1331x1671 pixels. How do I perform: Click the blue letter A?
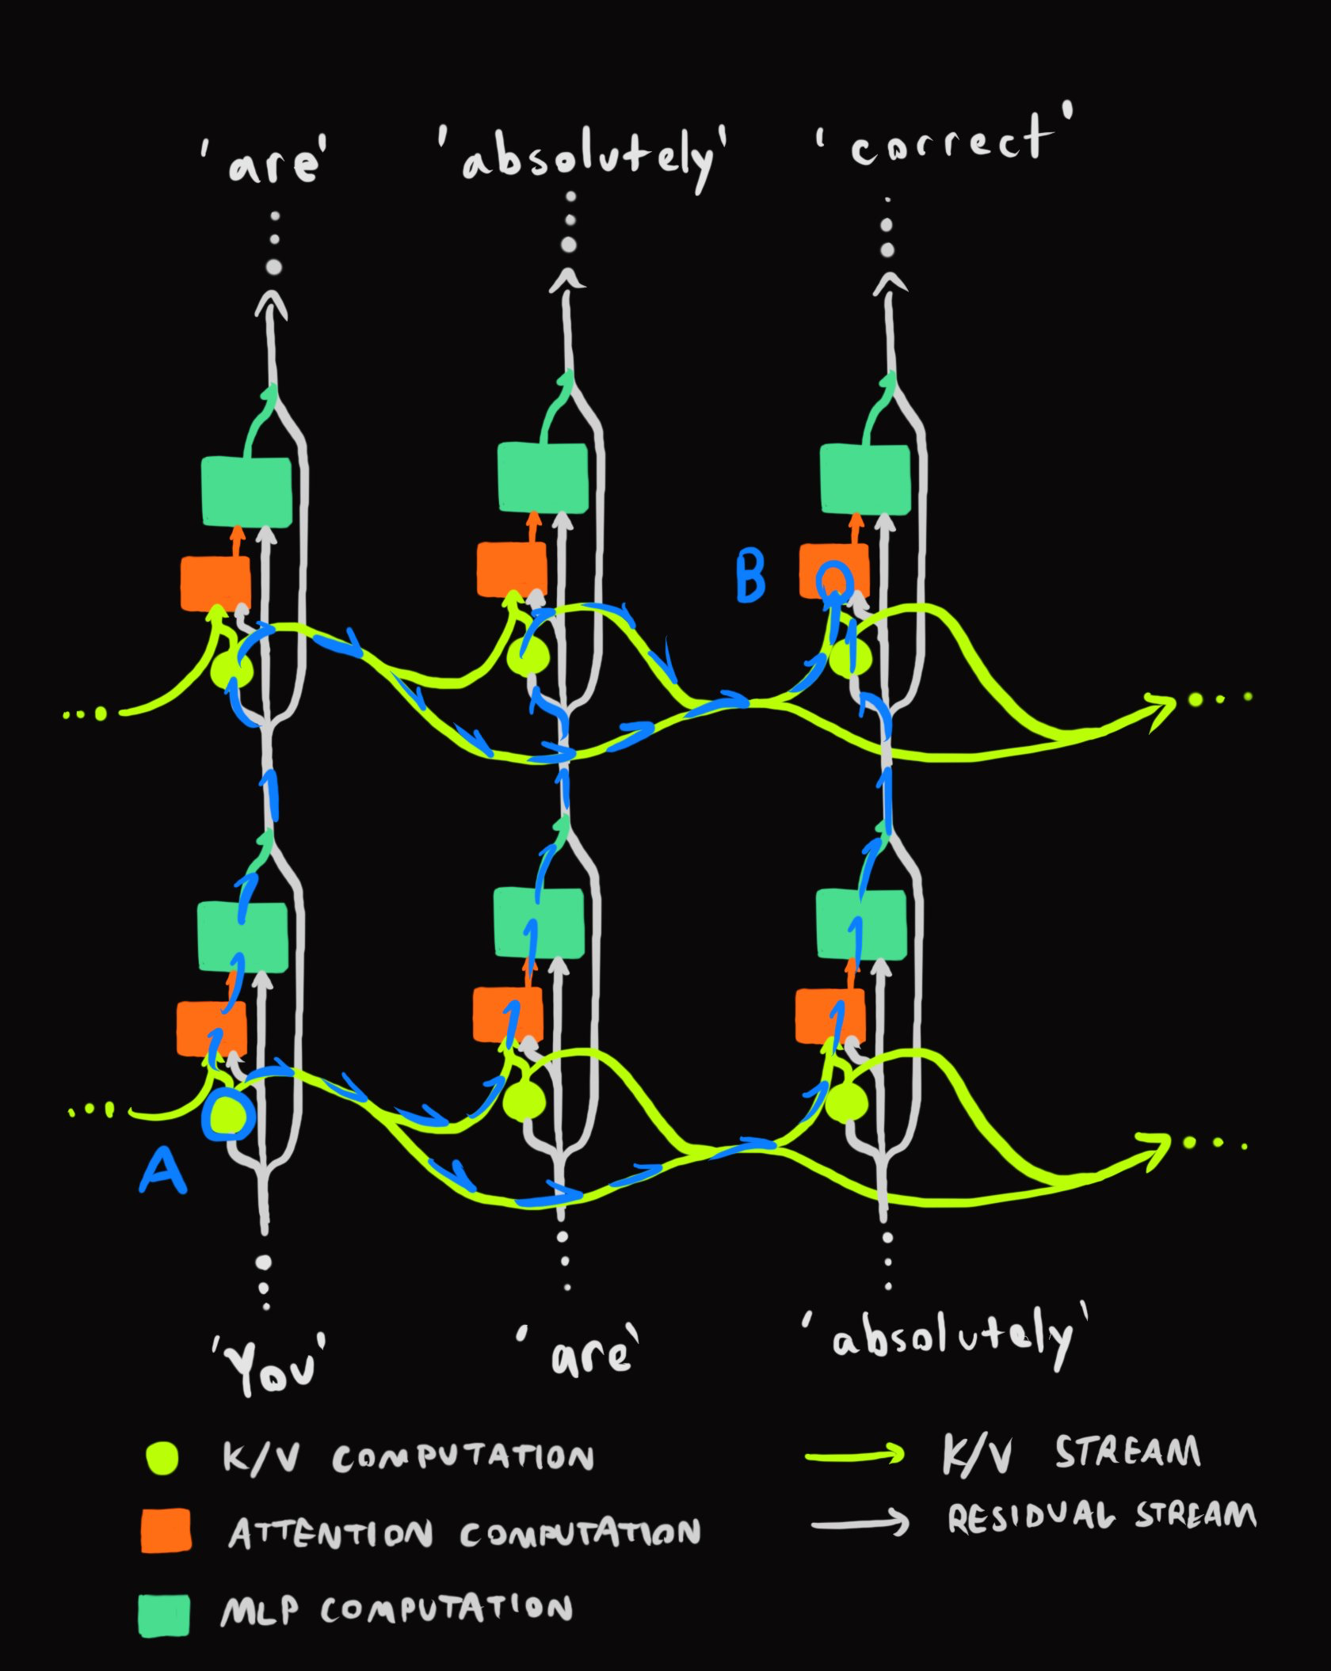point(163,1172)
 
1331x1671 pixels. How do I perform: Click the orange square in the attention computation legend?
point(166,1530)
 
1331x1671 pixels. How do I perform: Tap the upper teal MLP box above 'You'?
point(246,491)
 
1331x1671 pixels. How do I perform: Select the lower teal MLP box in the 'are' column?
point(539,922)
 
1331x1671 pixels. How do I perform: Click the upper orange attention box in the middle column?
point(511,569)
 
